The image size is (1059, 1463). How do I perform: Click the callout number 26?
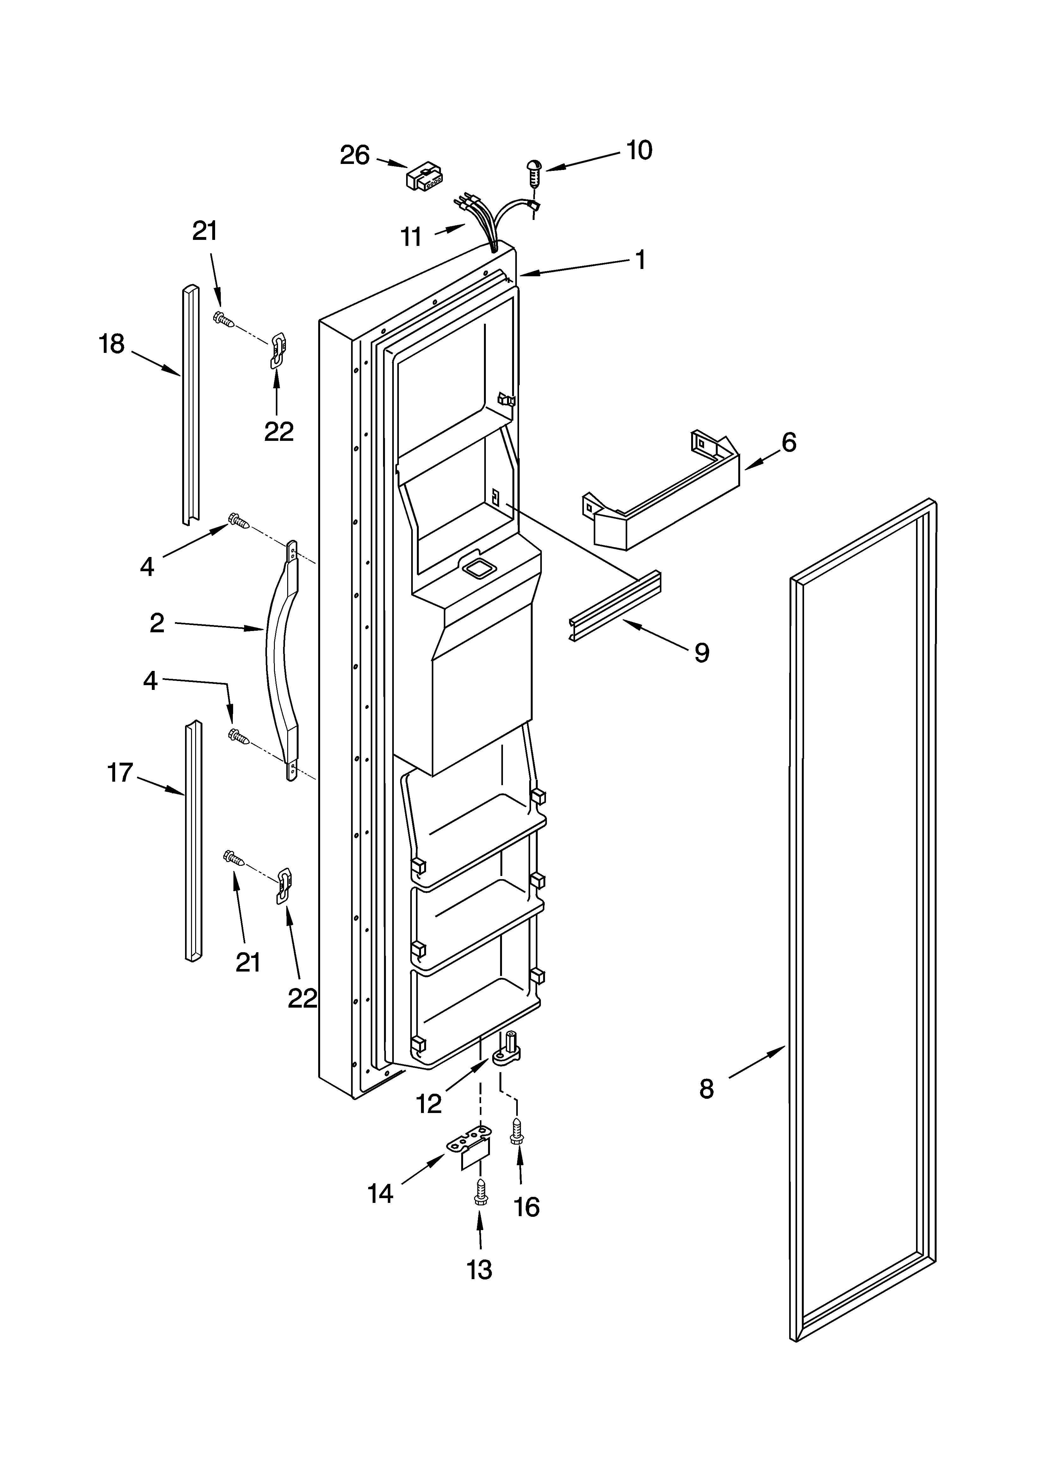355,155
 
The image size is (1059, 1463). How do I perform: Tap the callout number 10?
639,150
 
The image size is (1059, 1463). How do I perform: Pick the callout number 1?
640,260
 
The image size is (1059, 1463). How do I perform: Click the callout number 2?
157,623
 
